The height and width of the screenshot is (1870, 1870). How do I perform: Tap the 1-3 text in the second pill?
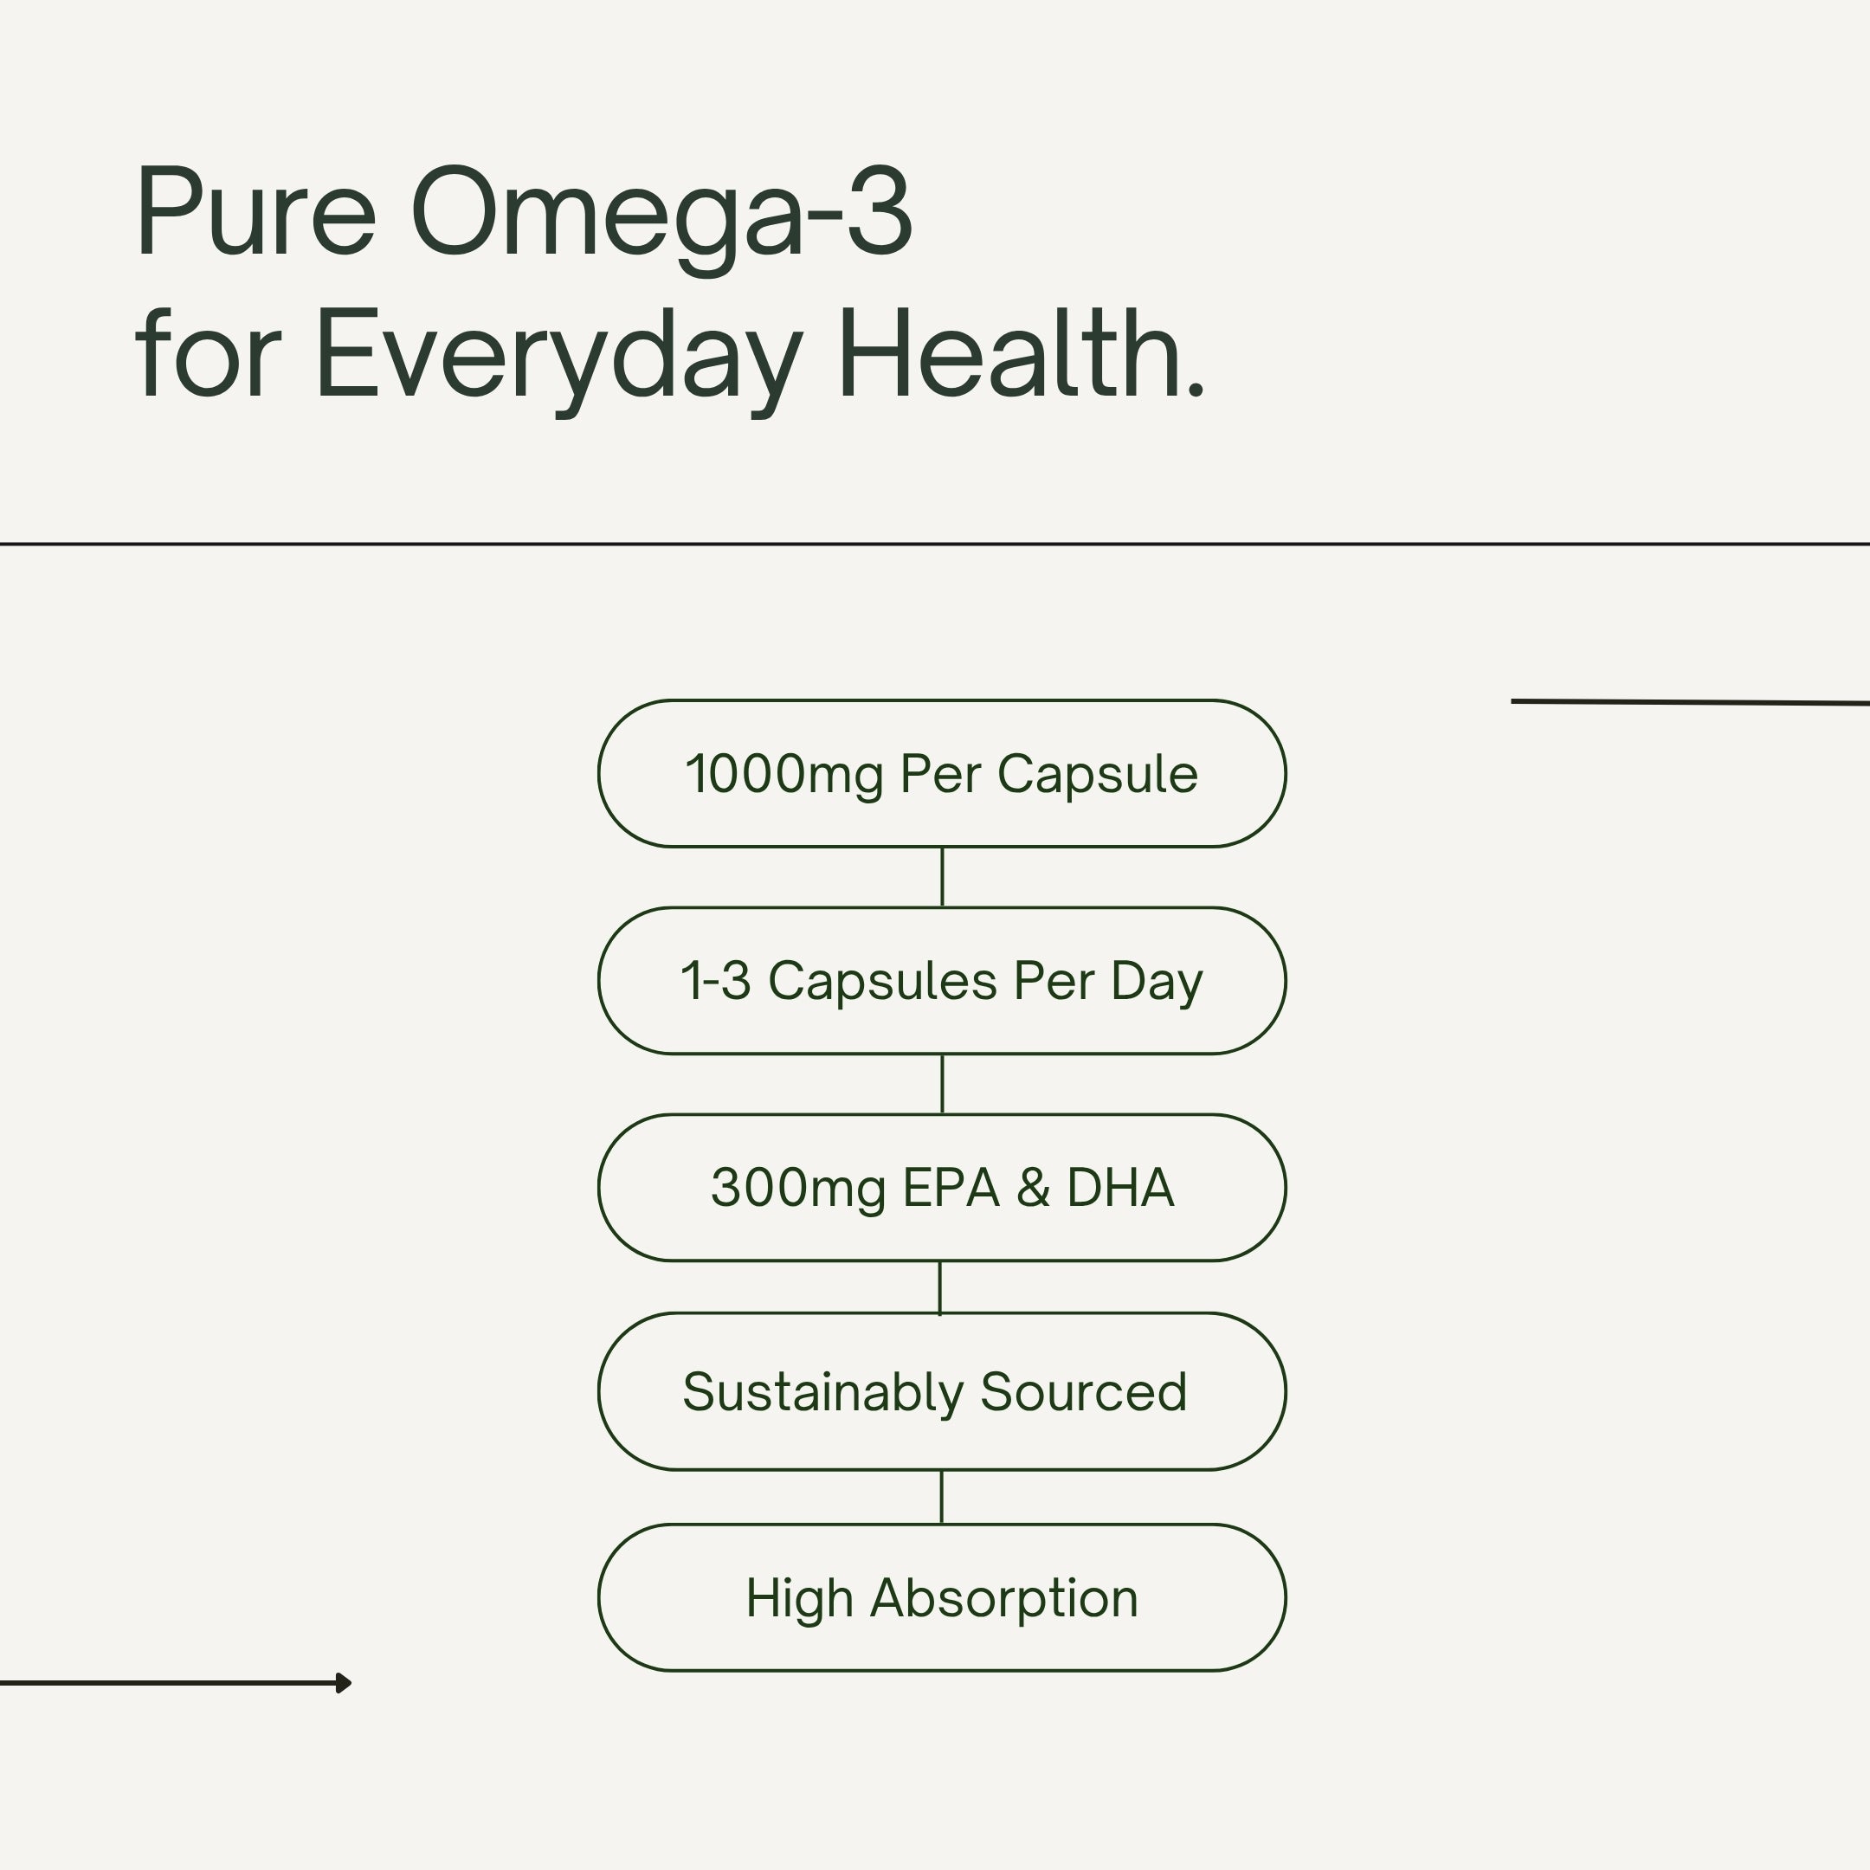point(715,982)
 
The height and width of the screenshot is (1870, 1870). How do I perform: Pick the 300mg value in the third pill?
point(798,1189)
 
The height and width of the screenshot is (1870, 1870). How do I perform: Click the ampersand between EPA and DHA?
point(1033,1188)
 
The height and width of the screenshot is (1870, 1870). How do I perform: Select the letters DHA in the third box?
point(1120,1188)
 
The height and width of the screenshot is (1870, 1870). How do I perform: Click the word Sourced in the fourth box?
point(1083,1393)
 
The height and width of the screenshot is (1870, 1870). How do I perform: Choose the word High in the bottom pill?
point(798,1599)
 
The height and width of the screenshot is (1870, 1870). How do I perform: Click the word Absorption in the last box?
point(1003,1599)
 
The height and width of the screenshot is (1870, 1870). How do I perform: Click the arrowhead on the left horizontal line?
point(344,1683)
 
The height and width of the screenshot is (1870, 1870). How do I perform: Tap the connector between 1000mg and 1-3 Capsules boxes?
point(942,877)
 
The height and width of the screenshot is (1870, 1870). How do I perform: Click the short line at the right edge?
point(1689,702)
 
